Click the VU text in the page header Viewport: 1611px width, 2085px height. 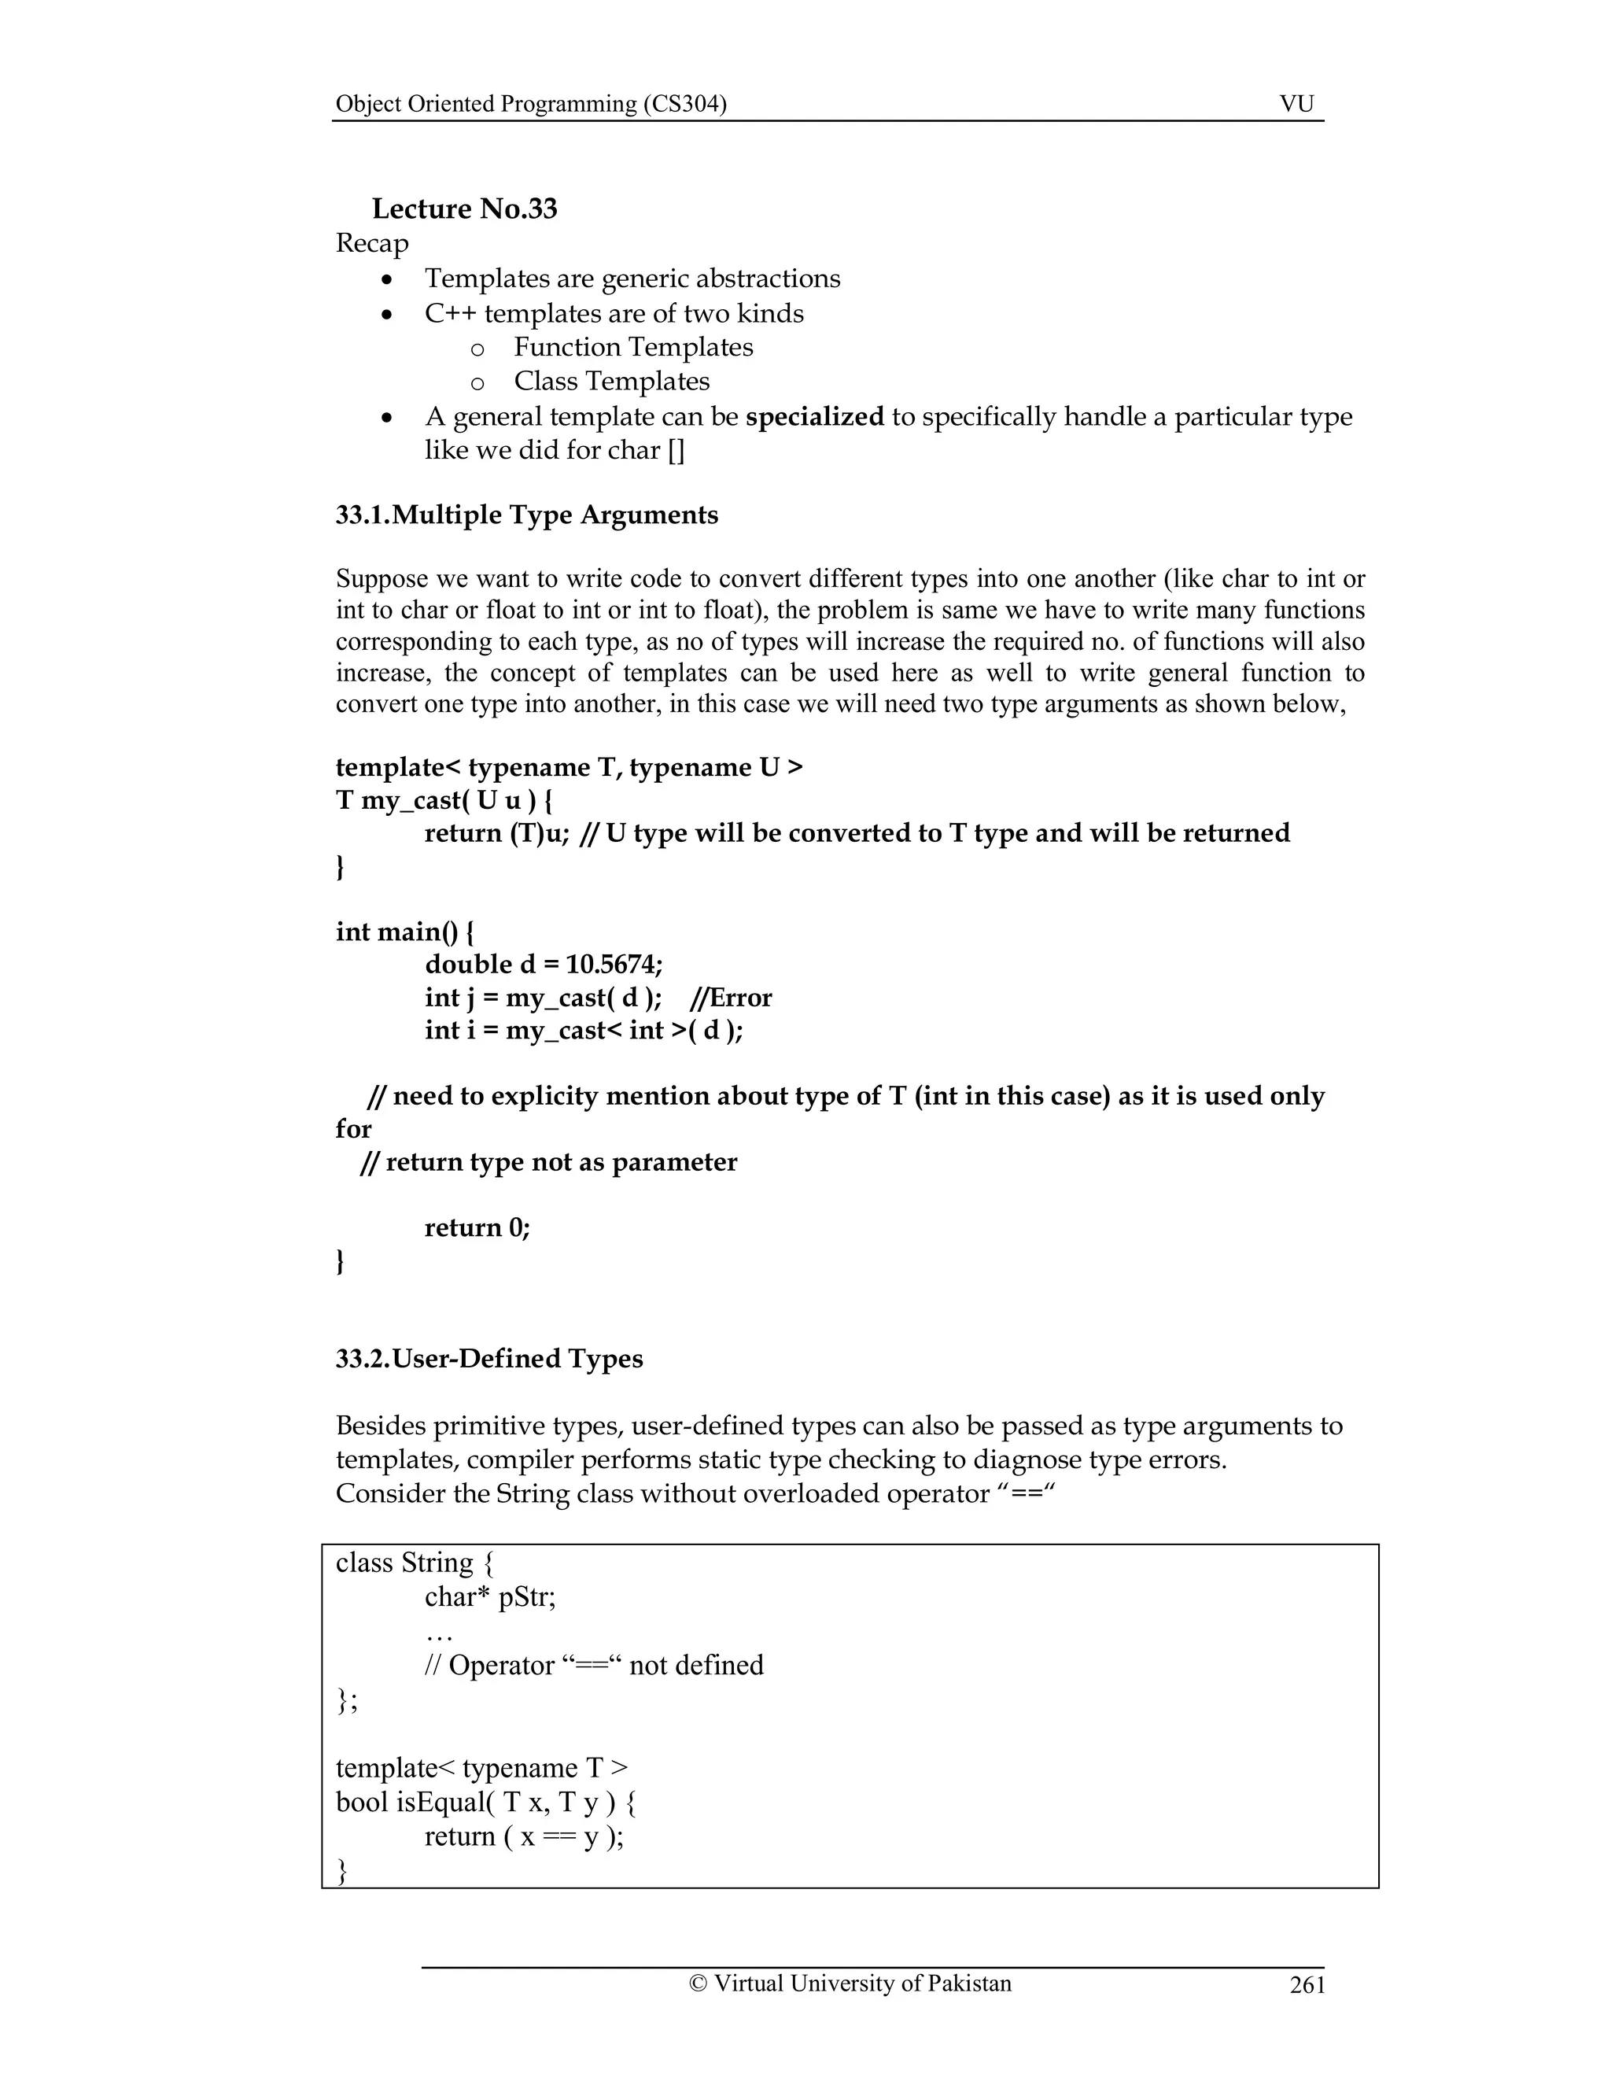click(1296, 104)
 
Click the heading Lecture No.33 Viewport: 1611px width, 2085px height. click(464, 209)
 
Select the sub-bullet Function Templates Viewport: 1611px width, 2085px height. click(632, 348)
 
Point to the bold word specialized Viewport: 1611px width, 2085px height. click(814, 417)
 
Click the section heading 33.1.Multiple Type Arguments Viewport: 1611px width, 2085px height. click(527, 515)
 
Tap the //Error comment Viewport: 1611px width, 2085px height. click(730, 998)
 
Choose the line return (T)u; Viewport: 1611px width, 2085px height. click(496, 833)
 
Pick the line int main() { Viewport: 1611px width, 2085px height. click(404, 932)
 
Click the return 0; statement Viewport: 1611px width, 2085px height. click(477, 1227)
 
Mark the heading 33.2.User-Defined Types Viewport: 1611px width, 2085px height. click(488, 1360)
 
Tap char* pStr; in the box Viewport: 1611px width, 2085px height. click(489, 1597)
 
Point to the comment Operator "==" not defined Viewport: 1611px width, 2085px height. click(595, 1666)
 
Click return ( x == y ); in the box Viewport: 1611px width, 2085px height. click(524, 1837)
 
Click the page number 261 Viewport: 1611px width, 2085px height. click(1307, 1986)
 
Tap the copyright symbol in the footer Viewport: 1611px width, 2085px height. click(698, 1984)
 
